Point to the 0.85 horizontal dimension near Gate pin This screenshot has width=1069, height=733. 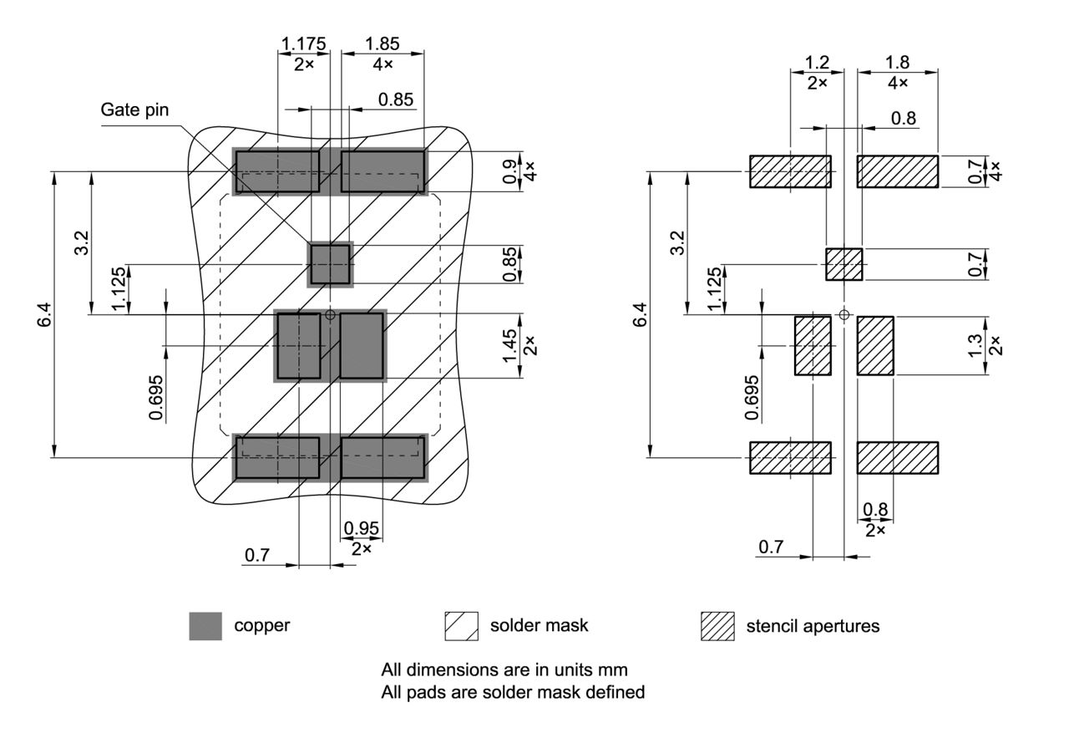click(395, 99)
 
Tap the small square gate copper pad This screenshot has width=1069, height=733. click(331, 264)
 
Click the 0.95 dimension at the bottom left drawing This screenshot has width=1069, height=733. click(362, 528)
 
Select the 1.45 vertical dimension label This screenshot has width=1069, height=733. click(510, 345)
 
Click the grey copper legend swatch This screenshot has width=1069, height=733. click(205, 626)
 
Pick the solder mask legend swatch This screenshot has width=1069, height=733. click(461, 626)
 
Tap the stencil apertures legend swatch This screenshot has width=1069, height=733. click(717, 626)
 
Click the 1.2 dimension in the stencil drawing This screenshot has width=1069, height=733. click(816, 62)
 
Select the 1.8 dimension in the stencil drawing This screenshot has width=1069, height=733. click(898, 62)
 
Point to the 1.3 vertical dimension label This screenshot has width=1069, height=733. click(975, 345)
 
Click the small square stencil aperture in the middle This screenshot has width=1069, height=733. click(844, 264)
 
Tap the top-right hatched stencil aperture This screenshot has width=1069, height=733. click(898, 171)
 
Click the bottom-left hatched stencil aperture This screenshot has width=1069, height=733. click(790, 458)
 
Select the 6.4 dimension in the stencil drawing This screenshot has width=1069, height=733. click(641, 315)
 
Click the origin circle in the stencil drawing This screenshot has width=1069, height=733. click(844, 314)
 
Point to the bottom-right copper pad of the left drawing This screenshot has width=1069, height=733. click(383, 458)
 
